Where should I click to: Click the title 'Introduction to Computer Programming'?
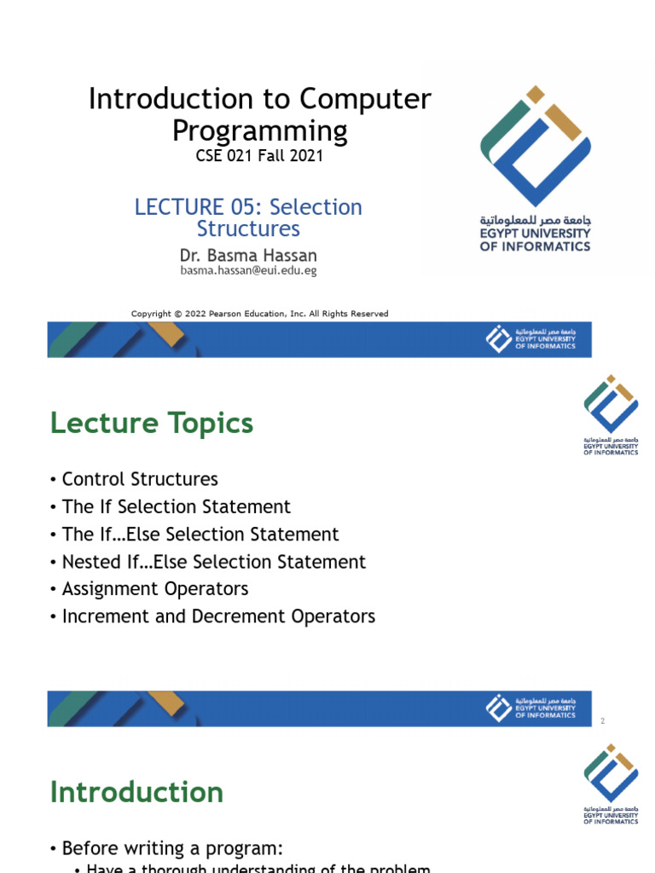259,115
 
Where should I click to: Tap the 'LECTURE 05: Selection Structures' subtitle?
248,217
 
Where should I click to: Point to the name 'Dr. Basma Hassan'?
248,256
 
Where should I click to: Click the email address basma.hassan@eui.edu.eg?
248,270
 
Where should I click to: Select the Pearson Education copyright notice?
259,314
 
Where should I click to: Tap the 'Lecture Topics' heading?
152,423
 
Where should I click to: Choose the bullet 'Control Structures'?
140,479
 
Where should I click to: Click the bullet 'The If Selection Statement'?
176,506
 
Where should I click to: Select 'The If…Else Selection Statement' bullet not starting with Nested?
200,535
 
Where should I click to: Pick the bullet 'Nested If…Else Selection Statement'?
213,562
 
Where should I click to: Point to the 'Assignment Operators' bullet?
155,589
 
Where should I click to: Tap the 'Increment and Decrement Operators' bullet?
218,616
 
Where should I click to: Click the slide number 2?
602,722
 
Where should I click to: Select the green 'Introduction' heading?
136,792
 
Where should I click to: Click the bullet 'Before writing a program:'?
171,848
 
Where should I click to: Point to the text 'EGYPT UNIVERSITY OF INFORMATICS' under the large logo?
535,240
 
